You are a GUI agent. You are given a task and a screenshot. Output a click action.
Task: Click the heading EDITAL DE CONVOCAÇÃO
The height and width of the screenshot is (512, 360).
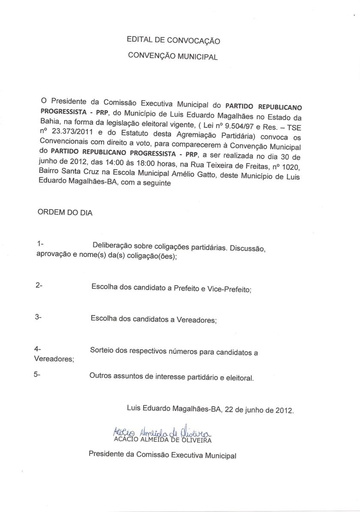pos(173,41)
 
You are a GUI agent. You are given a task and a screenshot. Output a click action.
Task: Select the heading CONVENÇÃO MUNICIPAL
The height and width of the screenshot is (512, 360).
pos(173,56)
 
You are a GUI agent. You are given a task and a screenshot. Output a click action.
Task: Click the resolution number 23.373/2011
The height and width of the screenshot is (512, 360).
pos(70,133)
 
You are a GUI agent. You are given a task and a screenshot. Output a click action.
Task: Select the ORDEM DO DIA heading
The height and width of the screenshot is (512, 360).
pos(65,212)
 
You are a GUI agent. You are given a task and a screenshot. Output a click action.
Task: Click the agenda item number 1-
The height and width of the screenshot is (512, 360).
pos(41,244)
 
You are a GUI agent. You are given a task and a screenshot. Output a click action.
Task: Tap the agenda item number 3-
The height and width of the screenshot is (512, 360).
pos(38,317)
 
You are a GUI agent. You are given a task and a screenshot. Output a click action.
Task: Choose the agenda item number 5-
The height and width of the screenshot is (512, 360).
pos(37,374)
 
